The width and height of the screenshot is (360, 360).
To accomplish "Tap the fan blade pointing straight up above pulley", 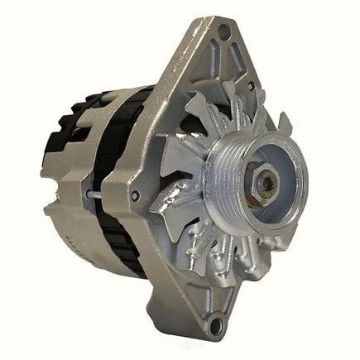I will click(x=248, y=116).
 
